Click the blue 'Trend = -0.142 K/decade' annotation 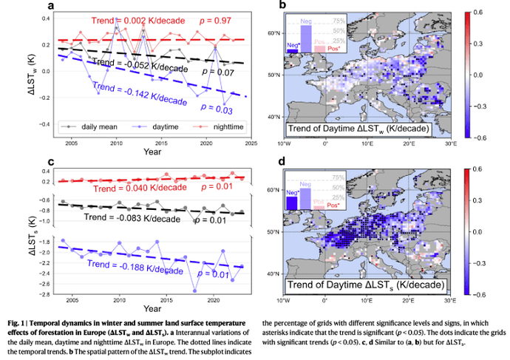click(140, 94)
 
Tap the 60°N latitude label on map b click(273, 34)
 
